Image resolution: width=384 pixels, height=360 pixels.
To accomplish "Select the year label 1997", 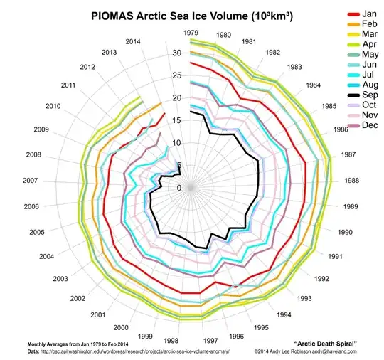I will [210, 341].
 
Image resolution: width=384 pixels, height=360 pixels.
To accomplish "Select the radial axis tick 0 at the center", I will [178, 188].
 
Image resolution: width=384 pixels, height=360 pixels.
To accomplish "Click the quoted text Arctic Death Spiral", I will [325, 344].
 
